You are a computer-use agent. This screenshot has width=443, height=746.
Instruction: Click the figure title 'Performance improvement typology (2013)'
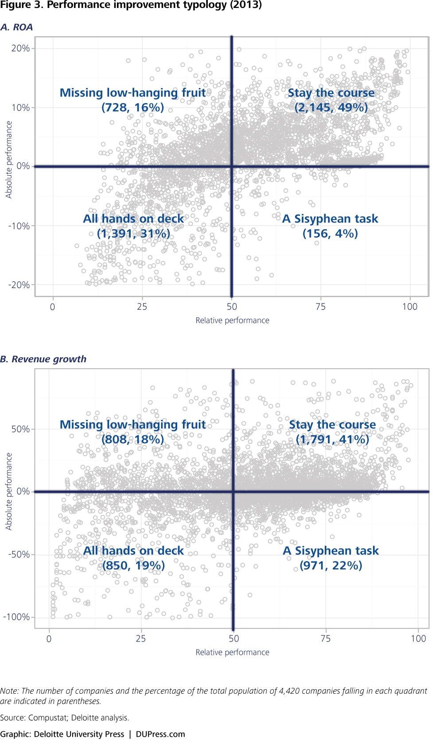click(154, 5)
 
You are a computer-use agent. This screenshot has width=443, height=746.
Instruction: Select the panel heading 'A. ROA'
click(17, 27)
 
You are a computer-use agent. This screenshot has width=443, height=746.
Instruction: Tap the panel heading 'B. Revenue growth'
click(43, 359)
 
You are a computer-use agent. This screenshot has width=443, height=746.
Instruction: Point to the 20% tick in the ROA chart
click(20, 48)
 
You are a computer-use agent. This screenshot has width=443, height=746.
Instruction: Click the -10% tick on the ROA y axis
click(19, 226)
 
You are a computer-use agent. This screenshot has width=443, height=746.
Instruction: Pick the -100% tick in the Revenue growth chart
click(16, 617)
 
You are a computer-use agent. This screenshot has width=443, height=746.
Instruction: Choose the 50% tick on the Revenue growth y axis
click(20, 429)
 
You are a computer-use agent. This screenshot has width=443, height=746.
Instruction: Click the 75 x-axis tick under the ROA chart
click(320, 307)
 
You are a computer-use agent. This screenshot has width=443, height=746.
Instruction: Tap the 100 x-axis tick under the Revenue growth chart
click(418, 638)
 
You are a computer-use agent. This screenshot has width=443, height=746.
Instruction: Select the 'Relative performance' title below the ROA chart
click(232, 320)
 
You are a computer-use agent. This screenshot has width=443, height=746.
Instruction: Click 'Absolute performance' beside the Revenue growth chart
click(9, 491)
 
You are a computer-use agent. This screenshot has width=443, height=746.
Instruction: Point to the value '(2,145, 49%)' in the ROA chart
click(331, 108)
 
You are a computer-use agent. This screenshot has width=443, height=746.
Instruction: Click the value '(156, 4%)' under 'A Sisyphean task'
click(330, 234)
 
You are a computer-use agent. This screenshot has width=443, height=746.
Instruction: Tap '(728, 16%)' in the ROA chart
click(132, 108)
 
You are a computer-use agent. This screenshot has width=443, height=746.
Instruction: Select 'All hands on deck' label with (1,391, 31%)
click(133, 219)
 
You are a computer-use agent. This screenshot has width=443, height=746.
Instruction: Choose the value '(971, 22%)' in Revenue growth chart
click(331, 565)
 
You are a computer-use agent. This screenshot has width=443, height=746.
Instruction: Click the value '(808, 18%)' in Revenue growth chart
click(132, 439)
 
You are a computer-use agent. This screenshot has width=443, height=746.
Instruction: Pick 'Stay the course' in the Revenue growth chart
click(332, 425)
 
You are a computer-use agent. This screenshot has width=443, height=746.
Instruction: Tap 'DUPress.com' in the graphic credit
click(160, 734)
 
